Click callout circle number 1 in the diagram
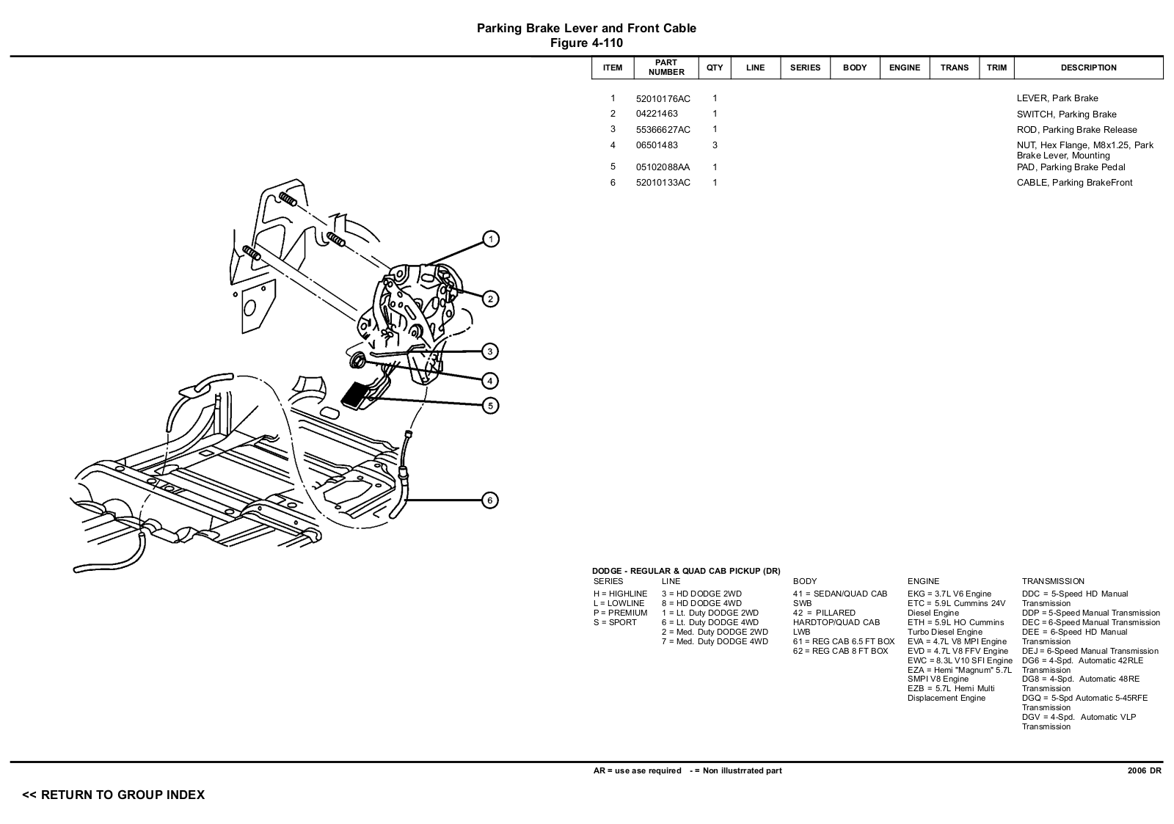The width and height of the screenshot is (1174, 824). coord(491,238)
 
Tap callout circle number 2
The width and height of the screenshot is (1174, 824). coord(491,299)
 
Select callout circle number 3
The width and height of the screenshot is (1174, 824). coord(491,351)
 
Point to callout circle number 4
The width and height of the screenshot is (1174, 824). coord(491,380)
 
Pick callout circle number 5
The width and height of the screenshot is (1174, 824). coord(491,405)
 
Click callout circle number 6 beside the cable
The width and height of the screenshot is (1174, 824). coord(491,500)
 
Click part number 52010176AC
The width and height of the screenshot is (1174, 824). coord(663,99)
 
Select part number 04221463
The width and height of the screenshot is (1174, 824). coord(657,114)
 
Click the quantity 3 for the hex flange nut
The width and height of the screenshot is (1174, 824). coord(715,145)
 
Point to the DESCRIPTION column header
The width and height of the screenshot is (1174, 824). coord(1088,68)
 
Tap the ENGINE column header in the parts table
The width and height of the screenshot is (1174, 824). coord(904,68)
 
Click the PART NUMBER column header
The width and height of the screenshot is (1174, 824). coord(666,68)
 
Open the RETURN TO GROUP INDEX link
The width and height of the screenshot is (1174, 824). coord(114,795)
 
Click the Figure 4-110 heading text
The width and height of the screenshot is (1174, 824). coord(586,43)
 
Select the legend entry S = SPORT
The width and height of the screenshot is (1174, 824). coord(615,622)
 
